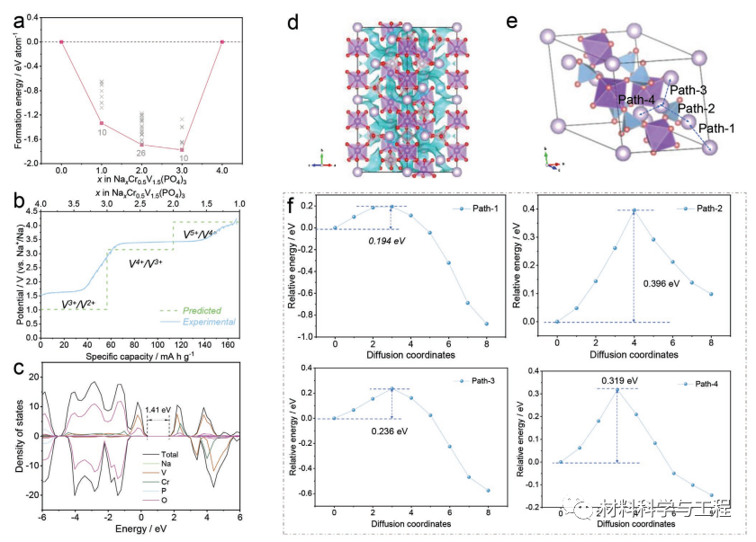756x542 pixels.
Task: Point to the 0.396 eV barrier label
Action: (x=661, y=283)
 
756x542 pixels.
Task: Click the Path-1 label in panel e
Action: (x=716, y=129)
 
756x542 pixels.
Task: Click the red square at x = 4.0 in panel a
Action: (x=221, y=41)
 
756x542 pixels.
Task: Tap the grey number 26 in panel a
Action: (x=139, y=153)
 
